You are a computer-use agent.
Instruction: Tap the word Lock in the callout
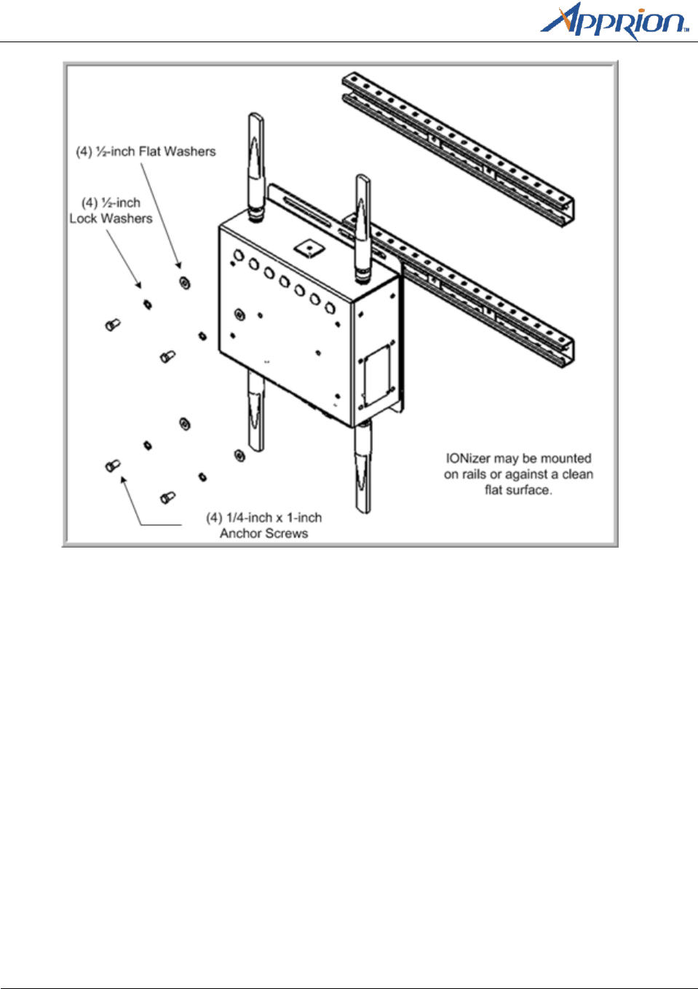tap(83, 218)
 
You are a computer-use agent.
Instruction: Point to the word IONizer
tap(468, 459)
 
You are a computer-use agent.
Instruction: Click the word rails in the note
tap(474, 475)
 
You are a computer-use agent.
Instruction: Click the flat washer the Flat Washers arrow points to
tap(185, 282)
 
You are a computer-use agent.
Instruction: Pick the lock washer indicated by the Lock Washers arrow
tap(148, 304)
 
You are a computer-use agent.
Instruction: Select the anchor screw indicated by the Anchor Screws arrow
tap(113, 465)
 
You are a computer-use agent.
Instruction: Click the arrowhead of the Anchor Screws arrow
tap(124, 480)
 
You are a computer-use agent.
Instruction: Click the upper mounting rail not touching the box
tap(459, 146)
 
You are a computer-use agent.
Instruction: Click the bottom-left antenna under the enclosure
tap(255, 412)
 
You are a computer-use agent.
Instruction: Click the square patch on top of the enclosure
tap(309, 247)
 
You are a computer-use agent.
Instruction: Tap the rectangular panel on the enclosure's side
tap(377, 375)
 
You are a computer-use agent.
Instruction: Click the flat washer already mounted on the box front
tap(239, 315)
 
